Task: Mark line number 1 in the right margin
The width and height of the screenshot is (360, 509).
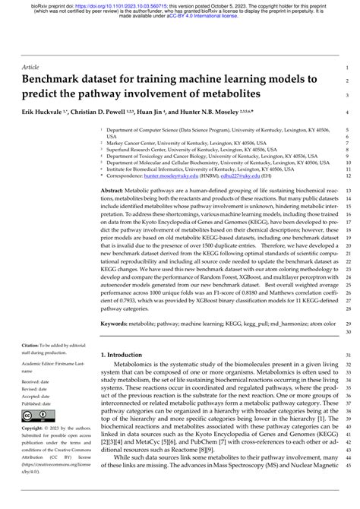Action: coord(346,68)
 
